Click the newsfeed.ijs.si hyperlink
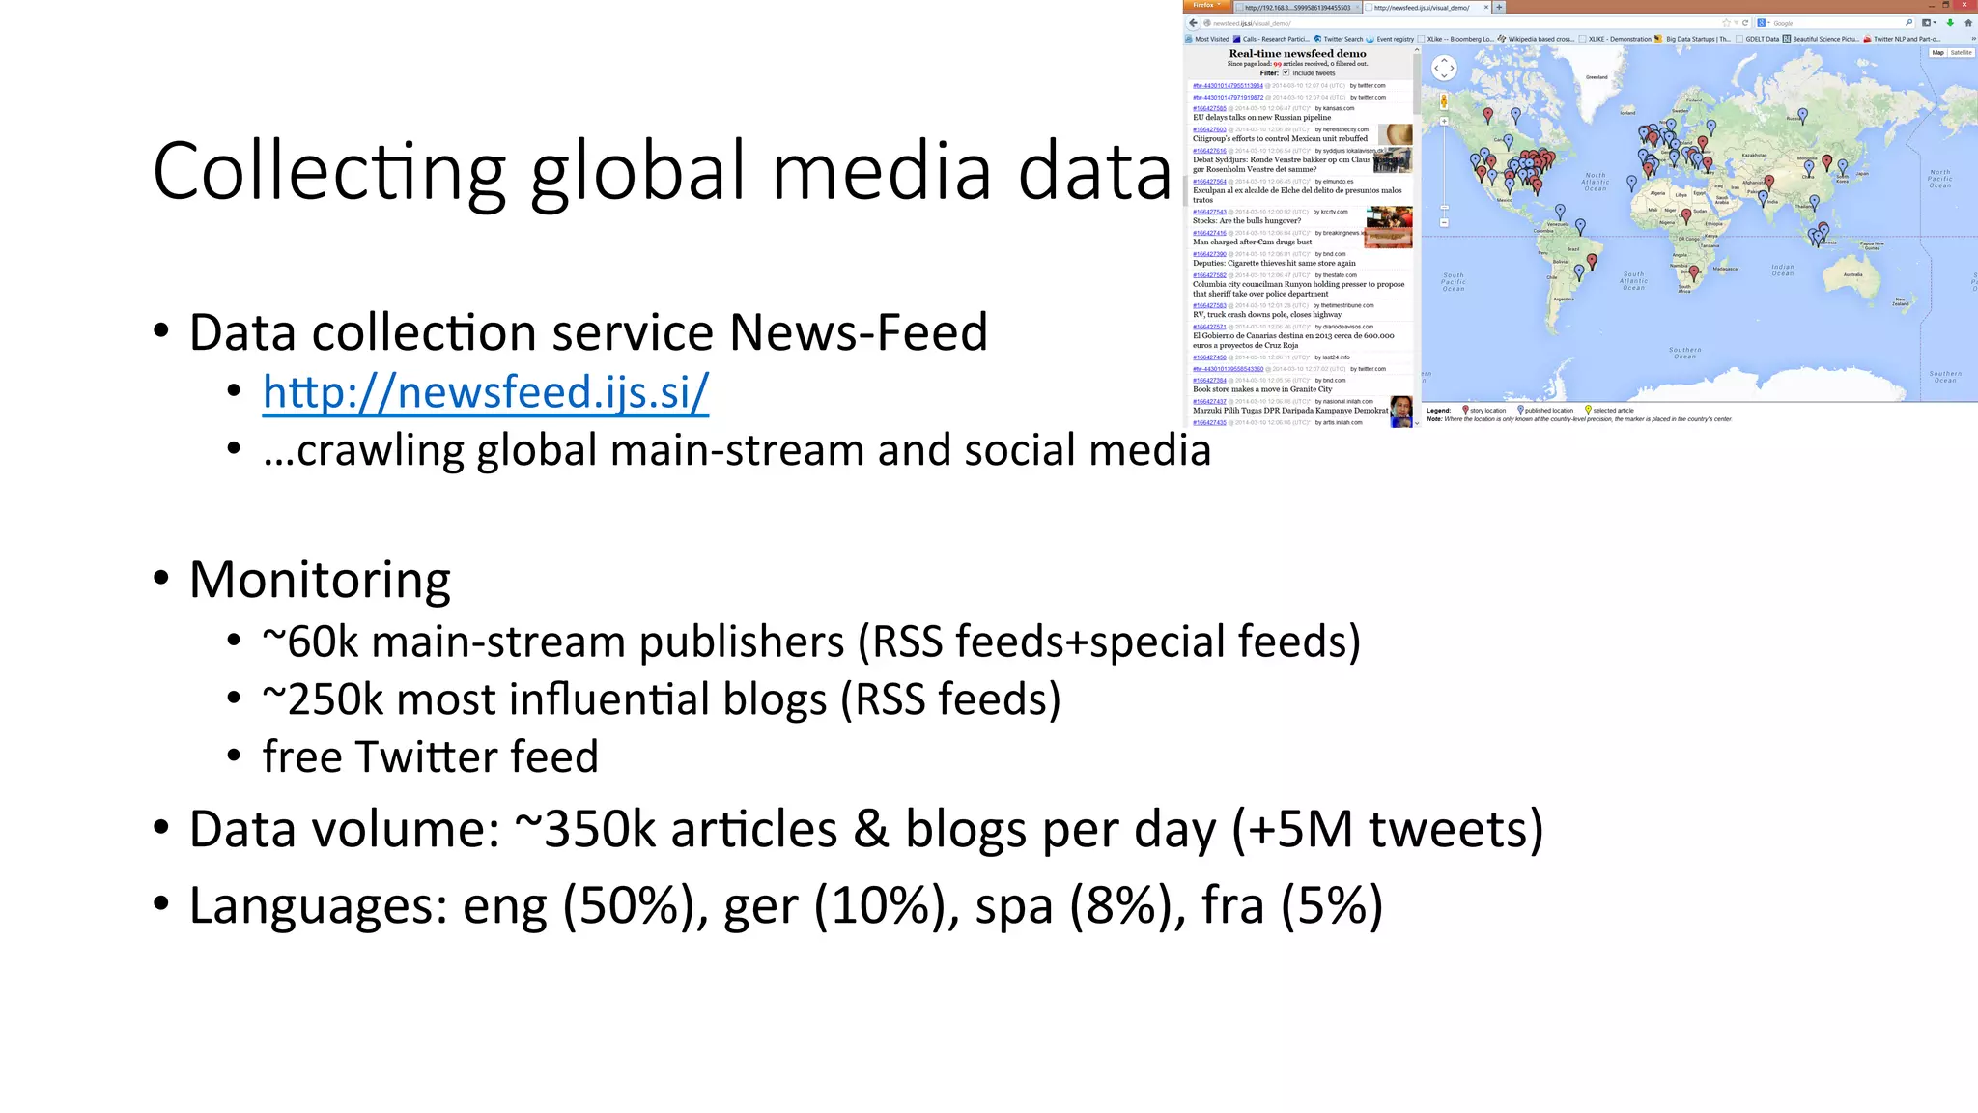pos(485,392)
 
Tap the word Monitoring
pos(320,580)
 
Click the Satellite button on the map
pos(1961,53)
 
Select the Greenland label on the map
pos(1597,77)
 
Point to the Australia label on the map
pos(1852,274)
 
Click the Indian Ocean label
pos(1783,270)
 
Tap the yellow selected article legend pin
pos(1588,410)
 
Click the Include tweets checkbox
pos(1286,72)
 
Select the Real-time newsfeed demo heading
pos(1297,54)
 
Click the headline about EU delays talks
pos(1261,118)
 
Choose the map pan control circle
pos(1444,68)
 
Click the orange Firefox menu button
pos(1206,6)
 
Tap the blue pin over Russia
pos(1802,116)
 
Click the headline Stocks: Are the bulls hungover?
pos(1246,221)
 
